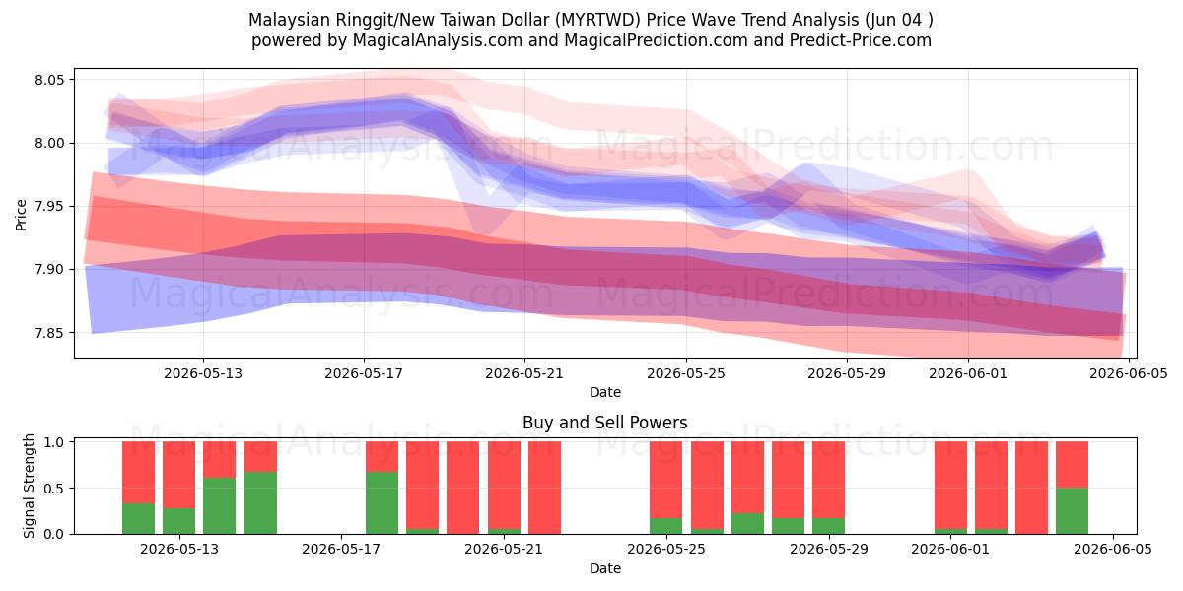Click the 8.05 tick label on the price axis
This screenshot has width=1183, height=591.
pyautogui.click(x=49, y=80)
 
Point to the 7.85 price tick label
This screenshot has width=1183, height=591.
pyautogui.click(x=49, y=333)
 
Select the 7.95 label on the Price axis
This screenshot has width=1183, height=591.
pyautogui.click(x=49, y=206)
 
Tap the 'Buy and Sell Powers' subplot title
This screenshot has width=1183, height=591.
pyautogui.click(x=604, y=423)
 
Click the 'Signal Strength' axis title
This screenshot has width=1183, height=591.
pyautogui.click(x=29, y=486)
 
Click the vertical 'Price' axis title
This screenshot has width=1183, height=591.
pyautogui.click(x=21, y=215)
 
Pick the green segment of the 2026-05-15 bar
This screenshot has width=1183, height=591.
pyautogui.click(x=260, y=503)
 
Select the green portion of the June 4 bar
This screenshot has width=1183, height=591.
pyautogui.click(x=1073, y=511)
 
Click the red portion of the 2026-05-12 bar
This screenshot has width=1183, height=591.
pyautogui.click(x=138, y=473)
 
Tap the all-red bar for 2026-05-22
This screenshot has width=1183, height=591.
pyautogui.click(x=544, y=488)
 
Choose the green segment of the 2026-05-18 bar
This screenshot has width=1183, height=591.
pyautogui.click(x=382, y=503)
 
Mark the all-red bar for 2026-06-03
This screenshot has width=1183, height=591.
pyautogui.click(x=1031, y=488)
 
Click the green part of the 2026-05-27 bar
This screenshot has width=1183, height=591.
pyautogui.click(x=748, y=523)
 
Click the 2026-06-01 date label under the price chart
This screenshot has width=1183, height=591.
pyautogui.click(x=968, y=373)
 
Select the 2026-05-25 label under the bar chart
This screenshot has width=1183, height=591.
pyautogui.click(x=666, y=550)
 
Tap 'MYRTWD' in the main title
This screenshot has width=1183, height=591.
pyautogui.click(x=600, y=20)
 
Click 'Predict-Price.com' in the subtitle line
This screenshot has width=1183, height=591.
pyautogui.click(x=861, y=40)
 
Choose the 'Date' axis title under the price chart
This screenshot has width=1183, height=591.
pyautogui.click(x=605, y=392)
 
